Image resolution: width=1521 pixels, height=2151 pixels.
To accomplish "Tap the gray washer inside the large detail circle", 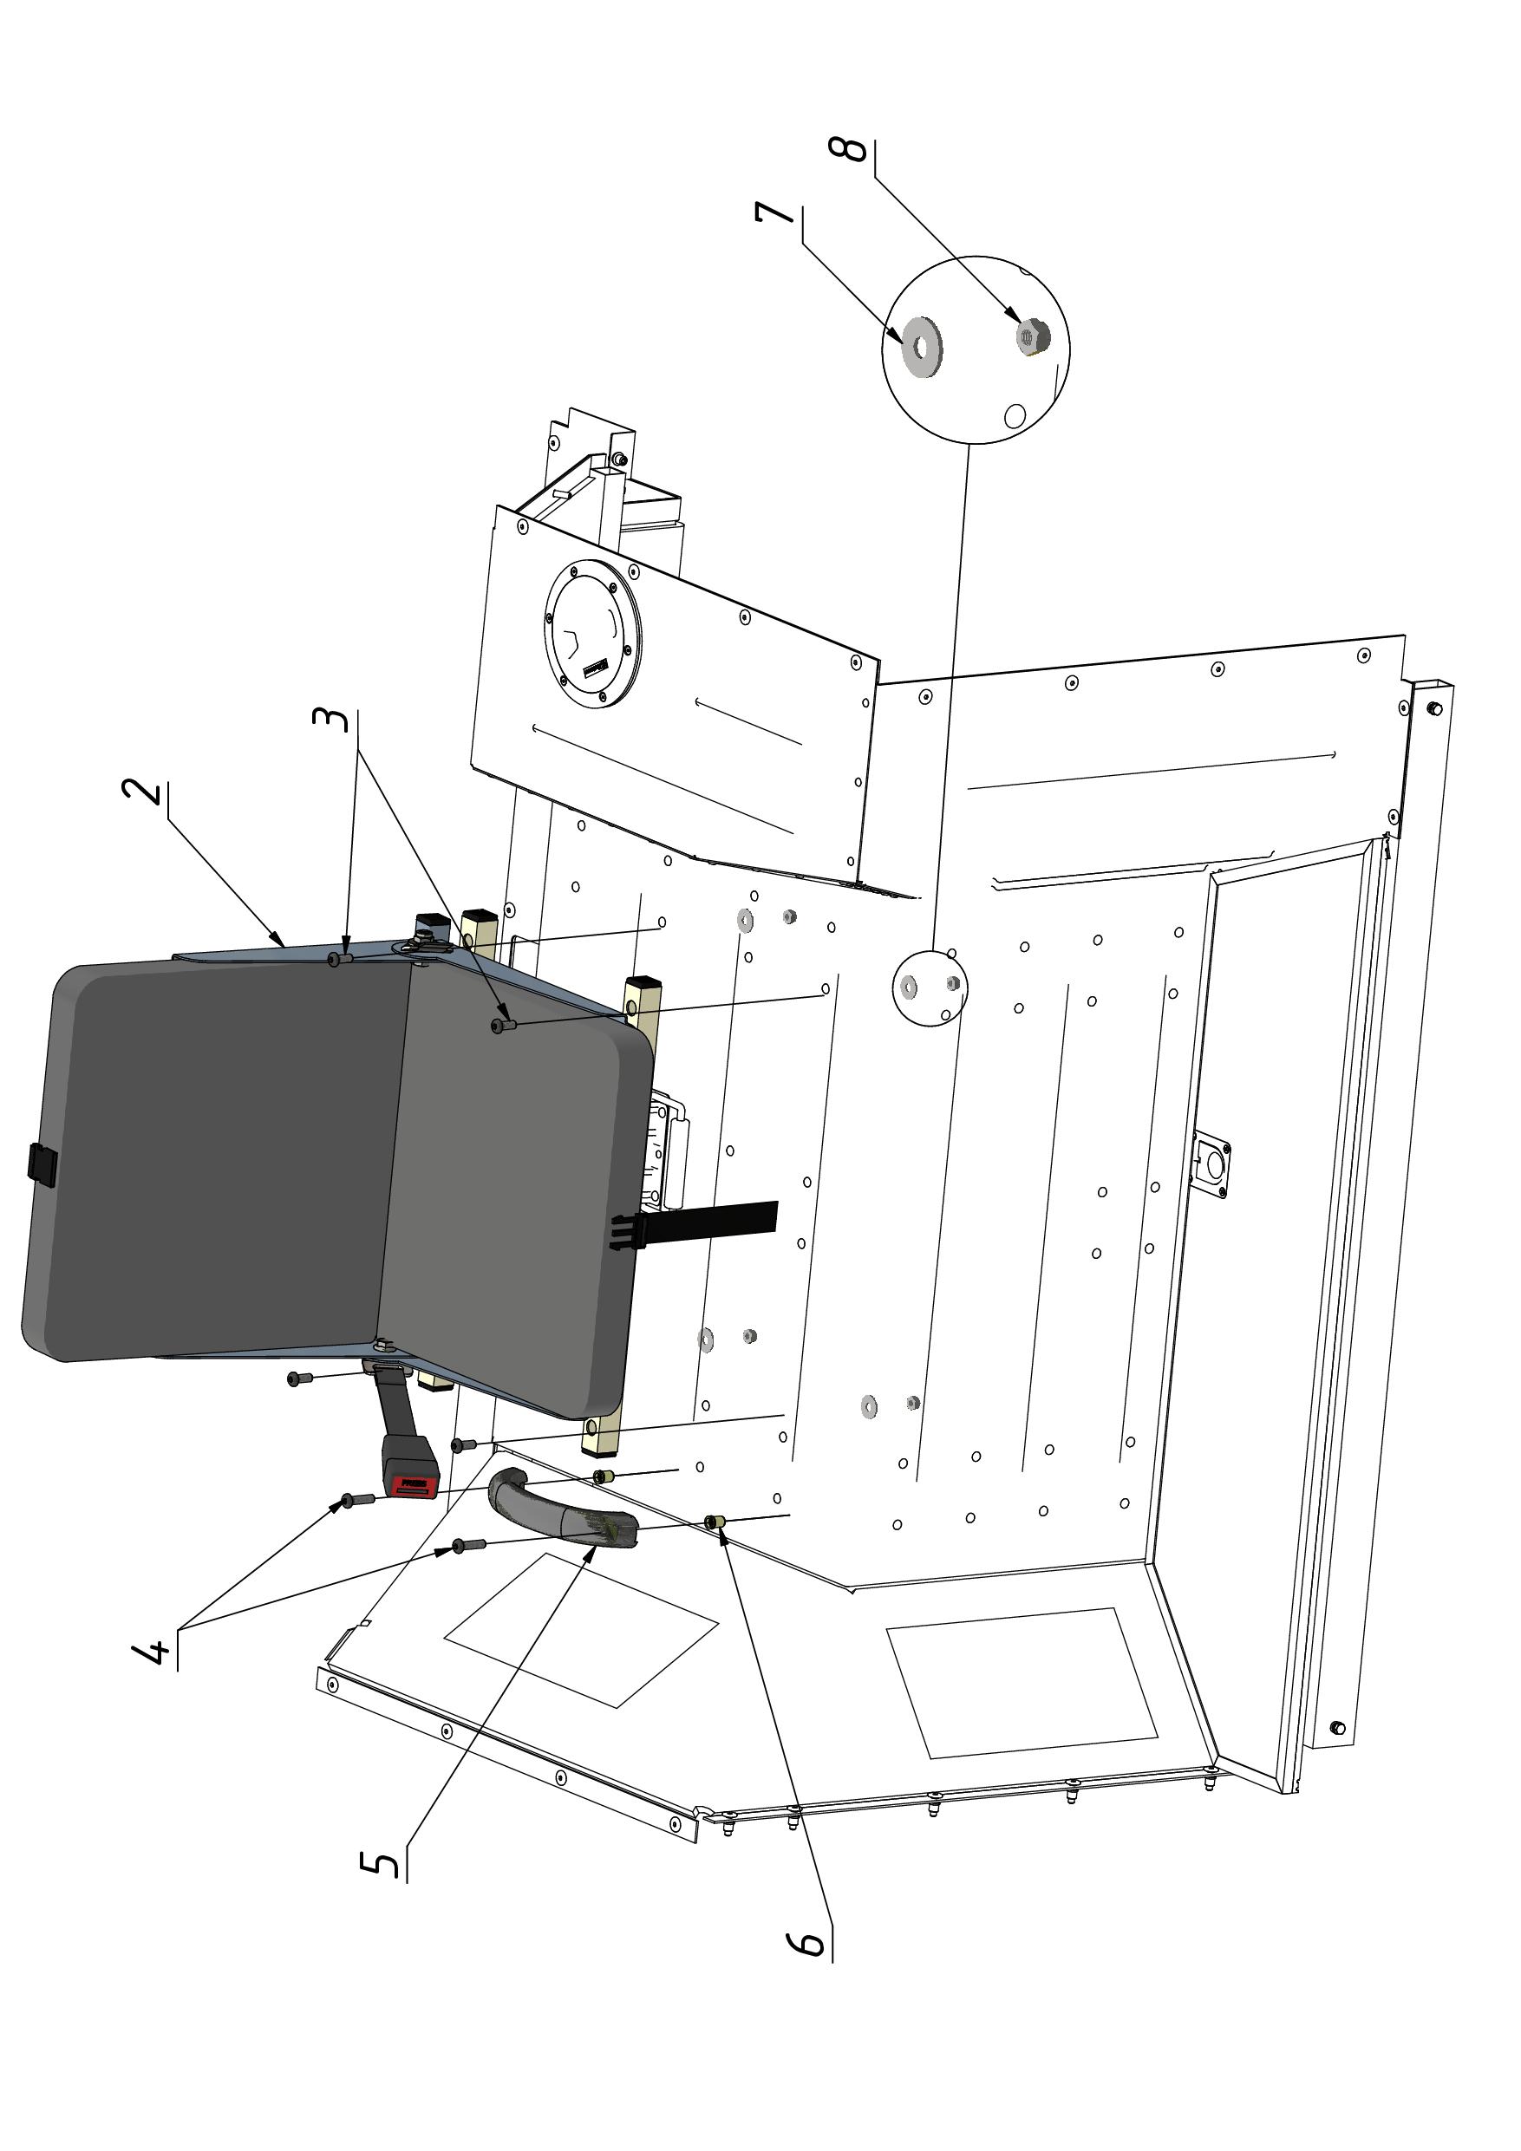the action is coord(922,348).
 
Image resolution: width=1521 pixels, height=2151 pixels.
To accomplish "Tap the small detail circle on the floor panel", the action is coord(929,988).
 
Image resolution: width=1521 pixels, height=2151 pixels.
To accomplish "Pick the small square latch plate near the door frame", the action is coord(1211,1163).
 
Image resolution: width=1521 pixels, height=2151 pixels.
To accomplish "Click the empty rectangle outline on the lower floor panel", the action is coord(1022,1684).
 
